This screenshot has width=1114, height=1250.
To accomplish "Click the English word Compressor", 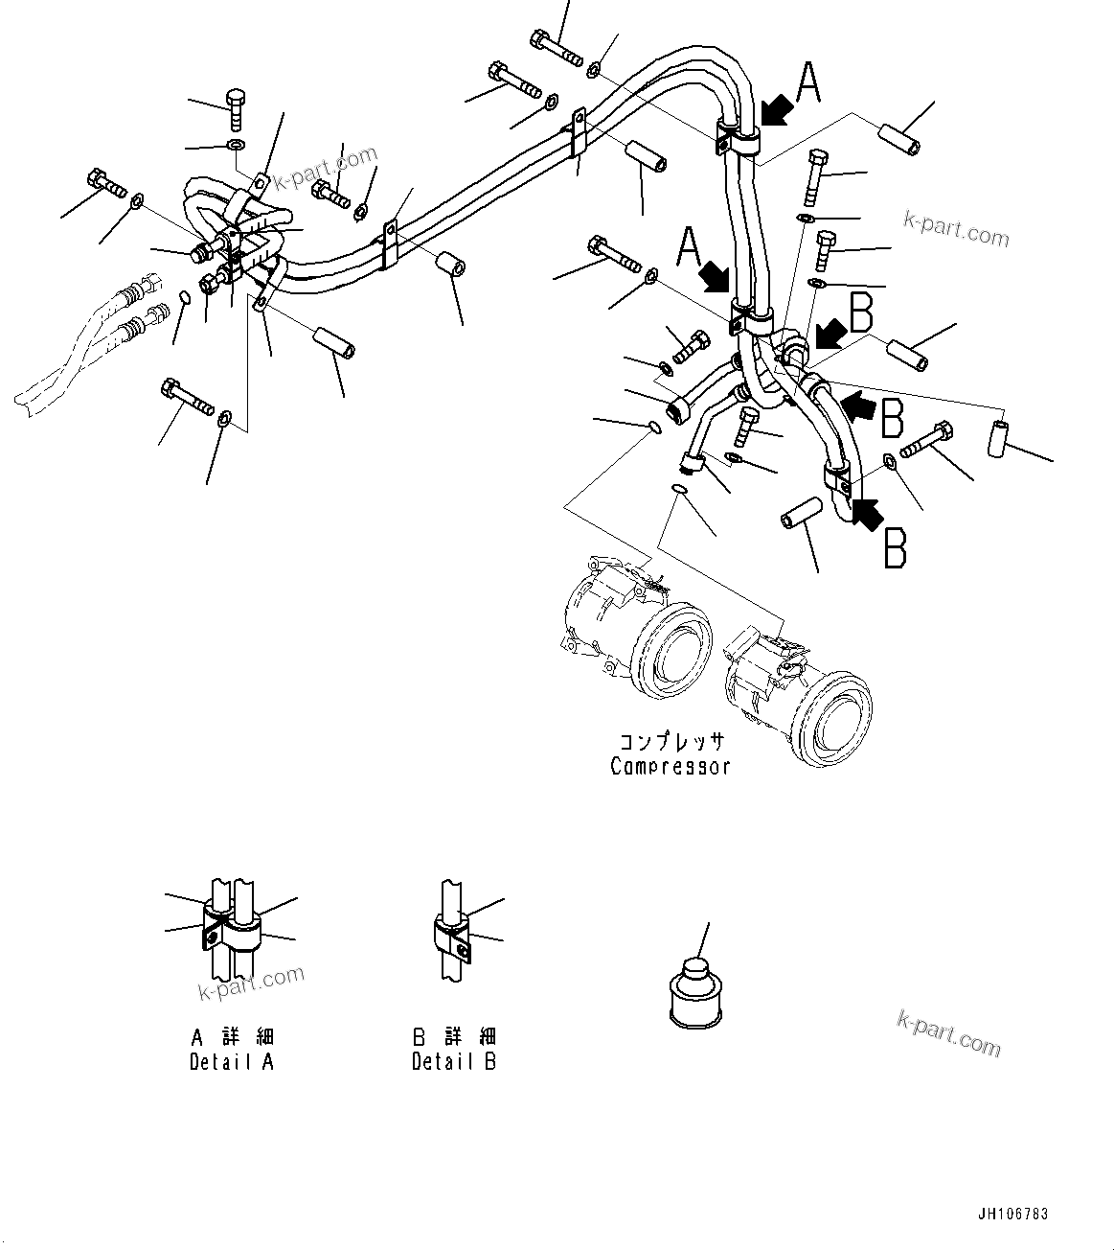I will [x=671, y=766].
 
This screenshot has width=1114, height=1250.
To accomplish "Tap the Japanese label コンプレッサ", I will [x=671, y=741].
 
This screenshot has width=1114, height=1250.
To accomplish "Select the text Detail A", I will [x=232, y=1062].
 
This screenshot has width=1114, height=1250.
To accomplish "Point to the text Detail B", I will [x=454, y=1062].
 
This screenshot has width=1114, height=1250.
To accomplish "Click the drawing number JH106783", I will [x=1013, y=1214].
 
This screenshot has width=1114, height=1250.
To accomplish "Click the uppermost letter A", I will [x=809, y=82].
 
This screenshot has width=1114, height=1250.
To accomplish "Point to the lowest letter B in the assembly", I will [x=895, y=549].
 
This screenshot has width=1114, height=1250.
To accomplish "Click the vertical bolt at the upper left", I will [x=236, y=110].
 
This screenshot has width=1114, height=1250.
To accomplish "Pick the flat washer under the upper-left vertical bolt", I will [x=236, y=146].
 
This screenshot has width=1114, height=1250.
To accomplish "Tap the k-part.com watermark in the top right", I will [x=956, y=230].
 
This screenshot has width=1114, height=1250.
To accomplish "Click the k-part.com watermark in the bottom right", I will [x=949, y=1033].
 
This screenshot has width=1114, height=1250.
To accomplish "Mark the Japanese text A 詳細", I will [x=232, y=1037].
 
